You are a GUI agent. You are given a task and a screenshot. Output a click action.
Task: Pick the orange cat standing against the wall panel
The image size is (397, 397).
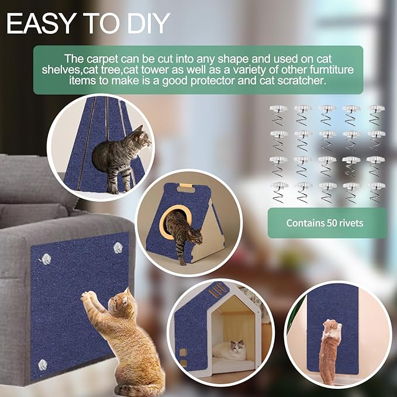coord(331,348)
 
